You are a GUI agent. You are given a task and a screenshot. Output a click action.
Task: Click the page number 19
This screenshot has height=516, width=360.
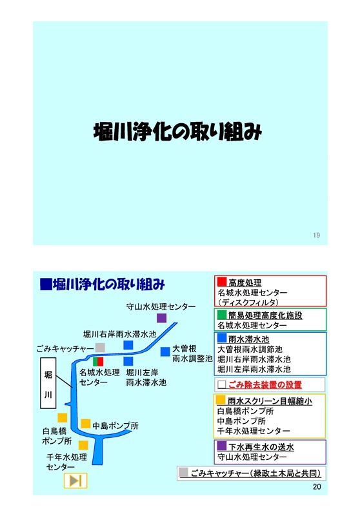coord(316,235)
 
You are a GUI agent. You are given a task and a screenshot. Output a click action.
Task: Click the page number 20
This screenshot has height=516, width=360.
coord(317,487)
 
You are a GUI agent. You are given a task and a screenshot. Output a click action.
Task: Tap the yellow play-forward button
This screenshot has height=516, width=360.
coord(75,481)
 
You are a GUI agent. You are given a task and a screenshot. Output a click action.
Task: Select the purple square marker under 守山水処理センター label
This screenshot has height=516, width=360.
coord(161,318)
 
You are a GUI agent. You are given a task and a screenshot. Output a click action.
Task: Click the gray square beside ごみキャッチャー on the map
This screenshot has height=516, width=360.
coord(100,348)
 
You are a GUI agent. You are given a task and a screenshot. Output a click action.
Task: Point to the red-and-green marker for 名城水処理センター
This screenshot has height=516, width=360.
coord(98,362)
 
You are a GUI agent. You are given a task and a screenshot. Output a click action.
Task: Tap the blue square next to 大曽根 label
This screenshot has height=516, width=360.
coord(165,352)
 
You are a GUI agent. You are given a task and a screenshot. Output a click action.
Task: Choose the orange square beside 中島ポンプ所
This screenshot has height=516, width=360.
coord(86,424)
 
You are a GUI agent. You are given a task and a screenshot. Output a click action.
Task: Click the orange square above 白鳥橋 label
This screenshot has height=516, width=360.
coord(62,417)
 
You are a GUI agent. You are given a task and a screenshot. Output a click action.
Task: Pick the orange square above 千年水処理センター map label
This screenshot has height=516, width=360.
coord(83,445)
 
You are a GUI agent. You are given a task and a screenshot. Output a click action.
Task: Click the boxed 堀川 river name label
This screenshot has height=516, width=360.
coord(48,383)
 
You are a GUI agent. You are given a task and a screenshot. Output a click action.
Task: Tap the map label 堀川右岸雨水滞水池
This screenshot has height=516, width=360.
coord(119,334)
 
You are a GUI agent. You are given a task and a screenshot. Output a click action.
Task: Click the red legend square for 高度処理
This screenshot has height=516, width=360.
coord(222,281)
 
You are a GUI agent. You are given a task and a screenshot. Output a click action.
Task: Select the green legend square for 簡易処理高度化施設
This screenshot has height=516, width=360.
coord(222,315)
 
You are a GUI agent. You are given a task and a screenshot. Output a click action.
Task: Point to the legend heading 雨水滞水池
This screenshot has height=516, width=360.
coord(249,339)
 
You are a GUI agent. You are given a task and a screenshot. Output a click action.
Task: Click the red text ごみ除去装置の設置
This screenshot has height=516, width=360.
coord(265,384)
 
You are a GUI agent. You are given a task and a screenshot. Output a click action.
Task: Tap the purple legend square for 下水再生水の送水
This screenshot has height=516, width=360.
coord(222,446)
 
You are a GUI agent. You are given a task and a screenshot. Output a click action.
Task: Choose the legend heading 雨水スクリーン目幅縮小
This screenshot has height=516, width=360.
coord(270,401)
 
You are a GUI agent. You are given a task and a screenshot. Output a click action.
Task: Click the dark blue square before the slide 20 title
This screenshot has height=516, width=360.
coord(46,284)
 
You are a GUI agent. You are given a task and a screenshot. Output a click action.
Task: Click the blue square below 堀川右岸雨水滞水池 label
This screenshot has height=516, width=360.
coord(128,361)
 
